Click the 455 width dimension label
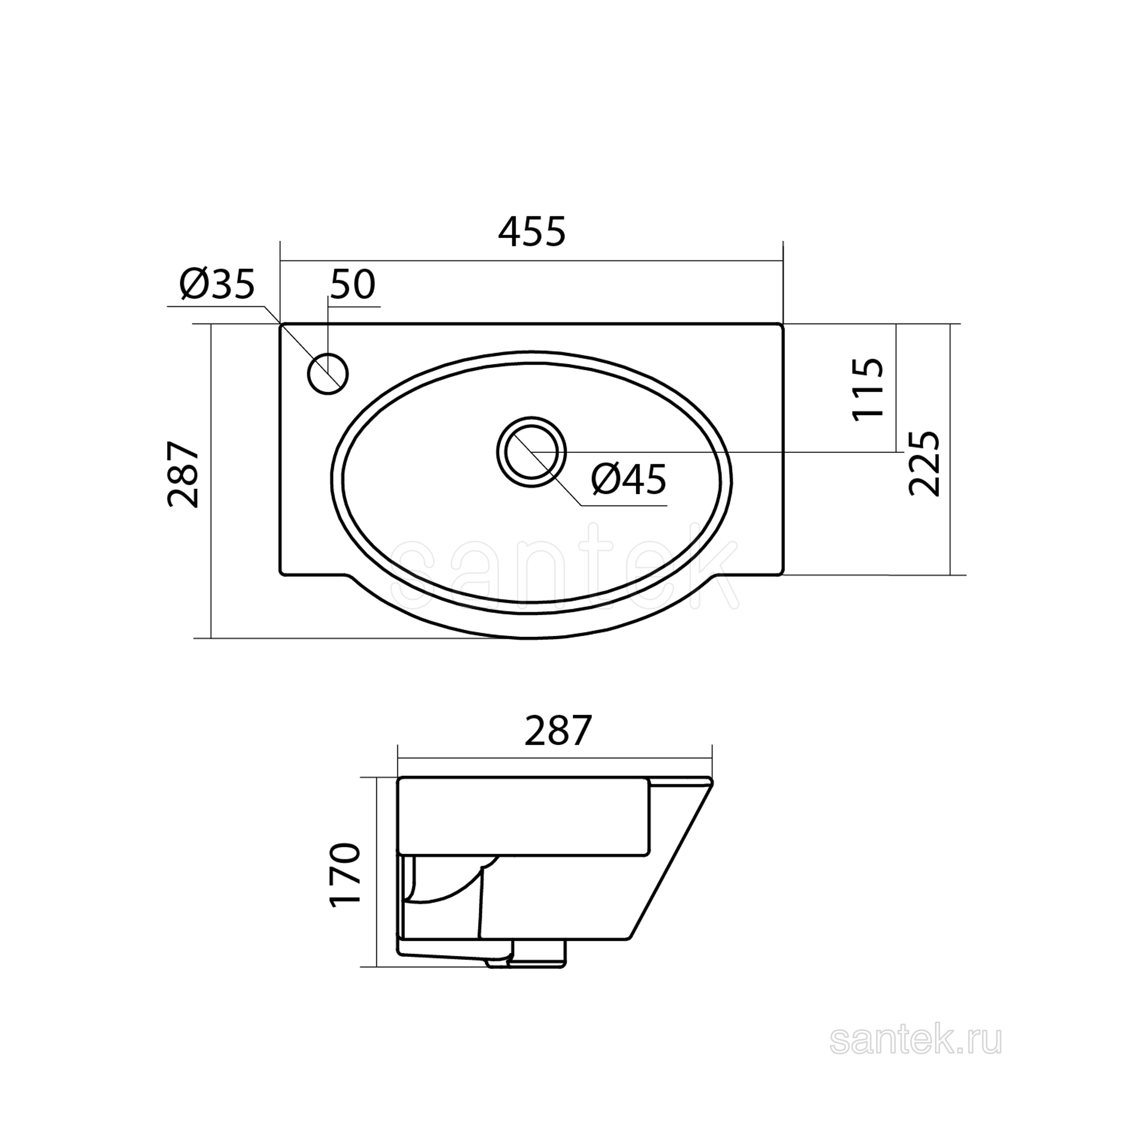(x=532, y=231)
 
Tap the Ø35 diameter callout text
(x=217, y=285)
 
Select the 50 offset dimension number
(x=353, y=285)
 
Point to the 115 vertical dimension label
(x=867, y=388)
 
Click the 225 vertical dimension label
(x=924, y=464)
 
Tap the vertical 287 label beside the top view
(x=183, y=475)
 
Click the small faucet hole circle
(x=328, y=374)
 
